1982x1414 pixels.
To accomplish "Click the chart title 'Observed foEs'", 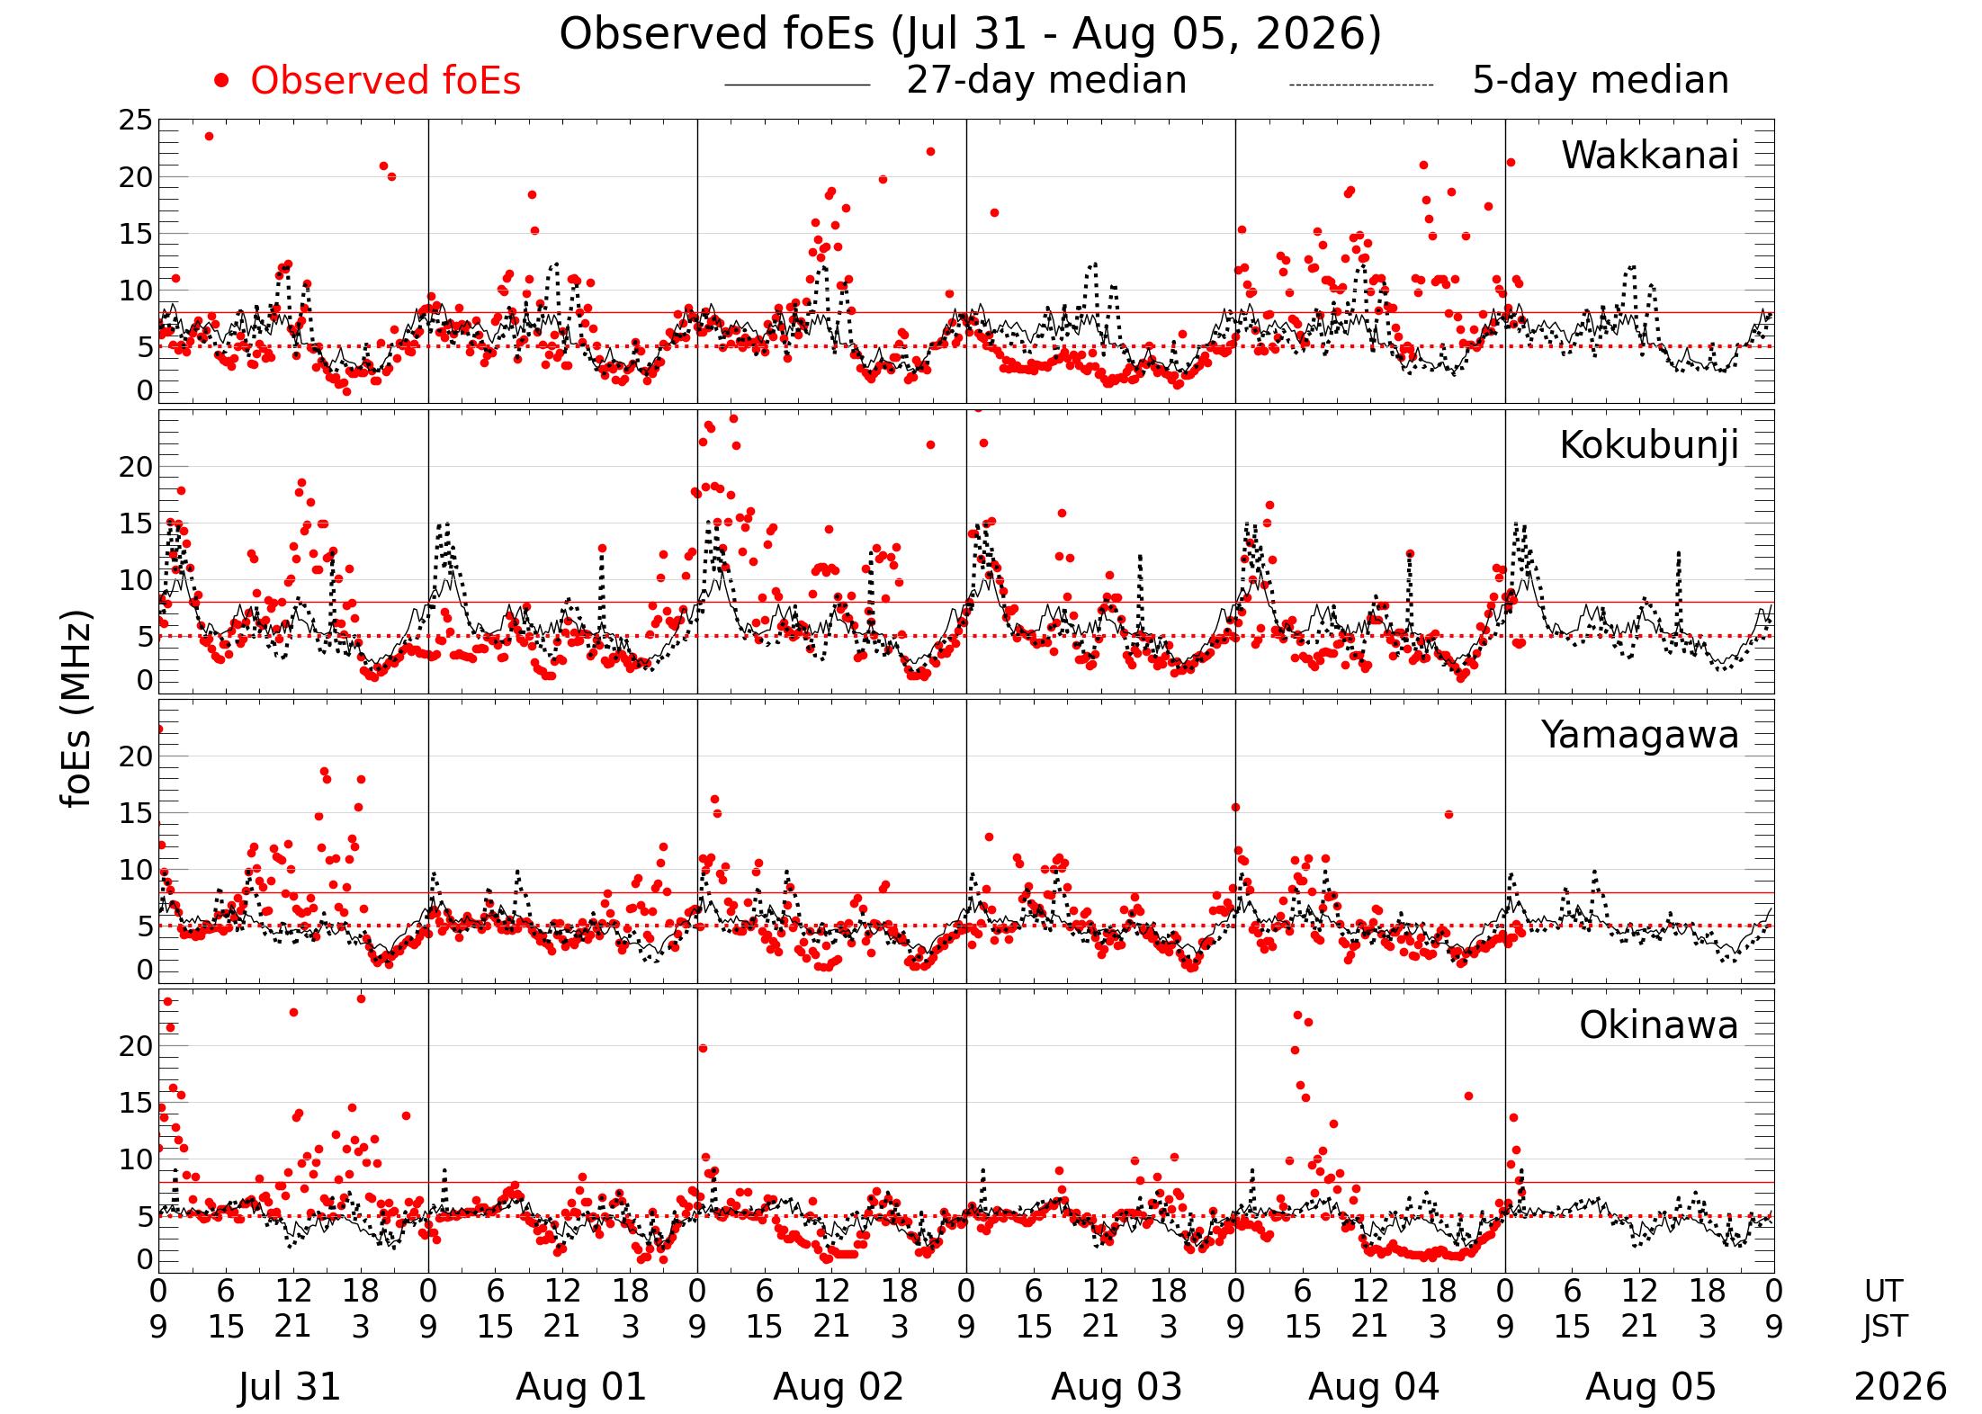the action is pos(716,34).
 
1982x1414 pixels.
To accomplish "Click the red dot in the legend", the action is pos(221,81).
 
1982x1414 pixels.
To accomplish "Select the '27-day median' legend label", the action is pos(1046,81).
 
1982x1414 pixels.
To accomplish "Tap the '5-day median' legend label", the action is pos(1601,81).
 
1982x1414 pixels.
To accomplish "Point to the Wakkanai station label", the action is pos(1649,156).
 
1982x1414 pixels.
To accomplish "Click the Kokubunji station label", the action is pos(1648,445).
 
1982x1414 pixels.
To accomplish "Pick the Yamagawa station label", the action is pos(1639,736).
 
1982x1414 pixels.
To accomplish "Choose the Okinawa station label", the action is pos(1658,1025).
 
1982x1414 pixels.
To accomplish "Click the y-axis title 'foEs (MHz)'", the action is pos(77,710).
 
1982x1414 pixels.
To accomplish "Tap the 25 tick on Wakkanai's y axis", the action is pos(136,121).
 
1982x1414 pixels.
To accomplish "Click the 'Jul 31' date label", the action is pos(290,1386).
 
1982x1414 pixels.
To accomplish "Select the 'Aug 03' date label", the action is pos(1116,1386).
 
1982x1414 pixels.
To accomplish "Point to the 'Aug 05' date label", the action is pos(1650,1386).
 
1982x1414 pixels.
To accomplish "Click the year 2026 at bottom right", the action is pos(1900,1386).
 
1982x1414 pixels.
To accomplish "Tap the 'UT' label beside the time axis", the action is pos(1884,1291).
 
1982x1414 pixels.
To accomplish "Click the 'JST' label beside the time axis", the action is pos(1884,1326).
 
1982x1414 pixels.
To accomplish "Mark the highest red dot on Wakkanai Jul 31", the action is pos(209,136).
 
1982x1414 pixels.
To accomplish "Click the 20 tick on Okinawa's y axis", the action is pos(136,1045).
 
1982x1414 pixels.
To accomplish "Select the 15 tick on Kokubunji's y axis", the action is pos(136,524).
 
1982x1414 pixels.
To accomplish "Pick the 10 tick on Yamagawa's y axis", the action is pos(136,870).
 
